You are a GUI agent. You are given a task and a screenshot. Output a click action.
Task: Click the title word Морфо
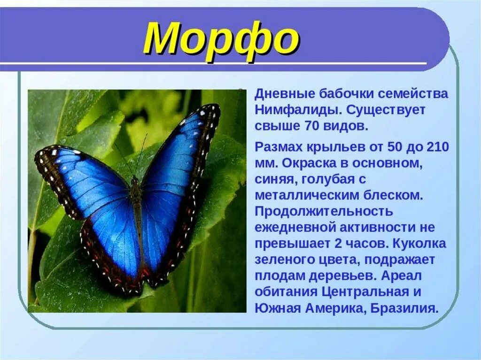coord(221,38)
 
